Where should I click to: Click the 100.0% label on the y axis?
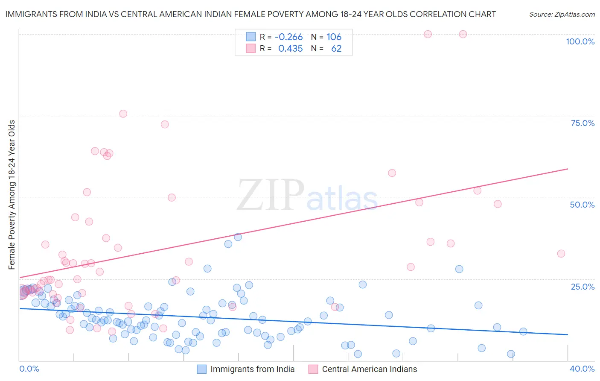click(580, 41)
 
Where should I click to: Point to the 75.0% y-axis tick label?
click(583, 123)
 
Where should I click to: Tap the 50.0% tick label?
click(582, 205)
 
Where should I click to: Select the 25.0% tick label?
click(583, 286)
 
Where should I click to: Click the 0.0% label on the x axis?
click(29, 369)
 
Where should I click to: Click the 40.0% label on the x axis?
click(582, 369)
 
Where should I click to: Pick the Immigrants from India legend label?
click(252, 369)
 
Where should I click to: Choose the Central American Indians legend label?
click(370, 369)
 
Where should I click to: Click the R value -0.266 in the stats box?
click(288, 37)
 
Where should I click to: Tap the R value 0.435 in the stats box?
click(290, 49)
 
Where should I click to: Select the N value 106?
click(334, 37)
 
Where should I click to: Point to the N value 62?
click(336, 49)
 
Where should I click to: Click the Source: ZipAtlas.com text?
click(562, 14)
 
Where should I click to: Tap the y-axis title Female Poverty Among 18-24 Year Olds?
click(12, 195)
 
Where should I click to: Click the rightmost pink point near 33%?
click(561, 254)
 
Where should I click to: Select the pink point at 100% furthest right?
click(463, 34)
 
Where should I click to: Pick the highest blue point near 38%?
click(238, 237)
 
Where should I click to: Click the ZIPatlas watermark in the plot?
click(307, 196)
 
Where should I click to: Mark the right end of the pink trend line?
click(568, 169)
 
